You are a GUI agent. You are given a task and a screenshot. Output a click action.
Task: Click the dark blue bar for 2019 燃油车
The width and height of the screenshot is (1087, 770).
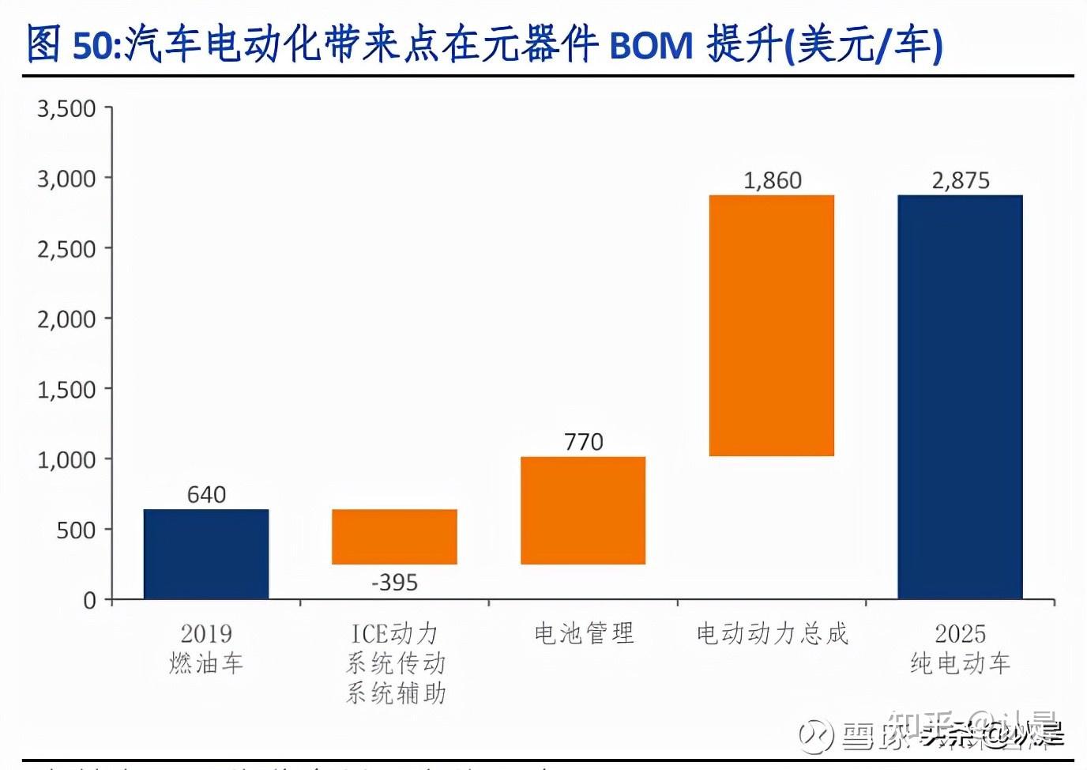(206, 553)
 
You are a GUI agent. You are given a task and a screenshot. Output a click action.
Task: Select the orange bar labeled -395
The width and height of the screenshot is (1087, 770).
(394, 537)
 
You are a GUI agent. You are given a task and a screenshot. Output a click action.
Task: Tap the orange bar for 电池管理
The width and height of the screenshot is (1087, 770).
(583, 511)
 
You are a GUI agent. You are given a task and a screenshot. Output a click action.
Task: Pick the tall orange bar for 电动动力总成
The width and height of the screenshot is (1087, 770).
(772, 326)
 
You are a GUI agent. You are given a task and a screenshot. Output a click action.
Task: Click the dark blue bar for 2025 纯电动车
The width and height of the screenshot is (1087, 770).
(960, 397)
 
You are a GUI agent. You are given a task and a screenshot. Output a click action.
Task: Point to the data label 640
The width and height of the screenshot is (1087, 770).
(206, 495)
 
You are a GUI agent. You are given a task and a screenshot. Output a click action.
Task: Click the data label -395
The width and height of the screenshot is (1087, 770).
(394, 583)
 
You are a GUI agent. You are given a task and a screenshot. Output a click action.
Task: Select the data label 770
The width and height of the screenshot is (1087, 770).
(583, 442)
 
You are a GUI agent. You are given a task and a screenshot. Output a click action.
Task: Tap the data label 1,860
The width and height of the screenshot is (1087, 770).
(772, 181)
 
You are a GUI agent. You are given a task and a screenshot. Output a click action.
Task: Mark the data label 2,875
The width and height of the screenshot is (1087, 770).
(960, 181)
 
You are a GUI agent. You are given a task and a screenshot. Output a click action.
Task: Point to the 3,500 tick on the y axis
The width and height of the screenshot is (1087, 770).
(66, 108)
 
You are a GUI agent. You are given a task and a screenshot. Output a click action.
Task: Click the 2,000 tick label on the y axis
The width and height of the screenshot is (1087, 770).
(66, 319)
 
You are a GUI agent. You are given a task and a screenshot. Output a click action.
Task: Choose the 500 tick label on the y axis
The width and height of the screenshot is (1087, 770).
(76, 530)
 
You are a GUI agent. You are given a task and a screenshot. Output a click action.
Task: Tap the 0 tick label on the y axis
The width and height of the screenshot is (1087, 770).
(89, 601)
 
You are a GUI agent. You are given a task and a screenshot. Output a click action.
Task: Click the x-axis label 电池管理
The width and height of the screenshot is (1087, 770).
(584, 633)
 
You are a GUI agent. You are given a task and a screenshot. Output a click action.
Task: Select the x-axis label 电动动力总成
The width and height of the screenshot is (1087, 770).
(772, 633)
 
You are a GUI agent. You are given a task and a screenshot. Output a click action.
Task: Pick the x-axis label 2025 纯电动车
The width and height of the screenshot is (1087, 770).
(960, 648)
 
